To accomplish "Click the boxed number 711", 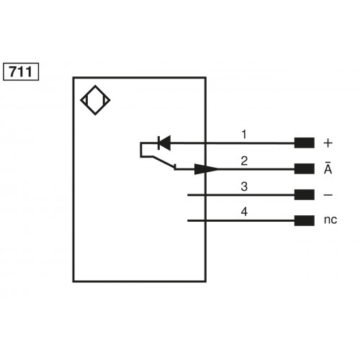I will (22, 72).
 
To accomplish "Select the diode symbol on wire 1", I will (163, 143).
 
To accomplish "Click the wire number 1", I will (244, 134).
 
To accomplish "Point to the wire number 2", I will (244, 160).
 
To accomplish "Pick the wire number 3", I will (244, 186).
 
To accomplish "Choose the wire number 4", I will (244, 212).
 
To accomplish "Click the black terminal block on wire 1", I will (304, 143).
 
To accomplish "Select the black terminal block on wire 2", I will (304, 169).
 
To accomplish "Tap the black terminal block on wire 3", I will (304, 195).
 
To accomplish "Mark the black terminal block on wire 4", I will (304, 221).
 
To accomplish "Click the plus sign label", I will (328, 143).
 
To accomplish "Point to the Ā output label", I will (328, 168).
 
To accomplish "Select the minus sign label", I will (328, 195).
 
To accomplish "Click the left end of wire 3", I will (188, 195).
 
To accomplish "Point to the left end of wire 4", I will (188, 221).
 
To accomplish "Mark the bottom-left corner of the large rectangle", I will (73, 281).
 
